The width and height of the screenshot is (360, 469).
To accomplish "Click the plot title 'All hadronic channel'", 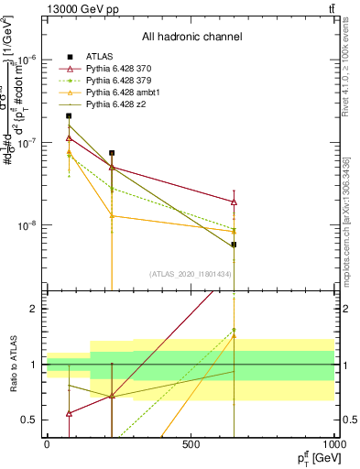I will click(x=191, y=38).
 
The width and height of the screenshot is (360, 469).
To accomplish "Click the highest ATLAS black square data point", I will click(x=70, y=115).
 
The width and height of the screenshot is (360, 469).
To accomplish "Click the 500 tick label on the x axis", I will click(x=191, y=444).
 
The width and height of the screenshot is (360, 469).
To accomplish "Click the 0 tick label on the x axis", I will click(x=47, y=444).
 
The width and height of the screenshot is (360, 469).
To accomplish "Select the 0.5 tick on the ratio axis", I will click(x=29, y=420).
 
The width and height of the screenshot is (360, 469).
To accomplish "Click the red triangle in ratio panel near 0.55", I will click(x=70, y=413).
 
